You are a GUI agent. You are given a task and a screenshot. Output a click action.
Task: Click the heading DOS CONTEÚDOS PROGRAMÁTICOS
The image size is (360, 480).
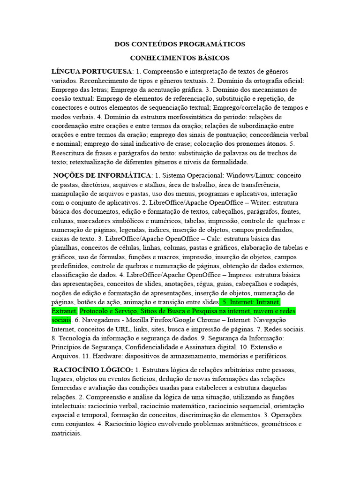pyautogui.click(x=180, y=44)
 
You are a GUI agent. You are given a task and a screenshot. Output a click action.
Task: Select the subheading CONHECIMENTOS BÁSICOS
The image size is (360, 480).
pyautogui.click(x=180, y=58)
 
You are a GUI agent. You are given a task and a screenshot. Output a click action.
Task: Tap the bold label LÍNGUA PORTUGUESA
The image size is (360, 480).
pyautogui.click(x=92, y=72)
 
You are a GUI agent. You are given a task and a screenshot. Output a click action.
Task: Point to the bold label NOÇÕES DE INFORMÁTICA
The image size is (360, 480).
pyautogui.click(x=102, y=175)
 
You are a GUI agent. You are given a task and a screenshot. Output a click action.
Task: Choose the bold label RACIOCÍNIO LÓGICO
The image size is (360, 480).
pyautogui.click(x=93, y=369)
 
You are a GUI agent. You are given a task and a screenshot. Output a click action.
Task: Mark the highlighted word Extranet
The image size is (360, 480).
pyautogui.click(x=64, y=311)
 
